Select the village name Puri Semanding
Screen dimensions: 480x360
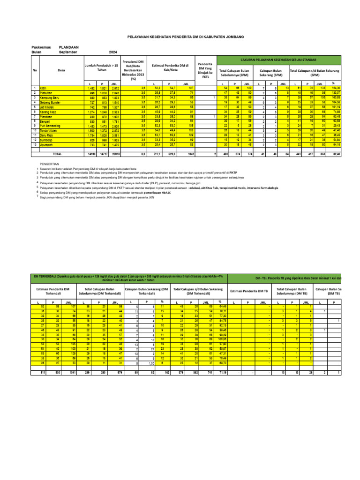coord(50,126)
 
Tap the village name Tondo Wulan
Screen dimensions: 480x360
coord(48,131)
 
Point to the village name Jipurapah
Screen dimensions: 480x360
coord(46,145)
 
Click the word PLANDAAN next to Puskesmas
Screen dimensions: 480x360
coord(68,47)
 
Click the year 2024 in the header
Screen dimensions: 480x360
coord(113,52)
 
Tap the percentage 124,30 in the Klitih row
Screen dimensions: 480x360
coord(335,88)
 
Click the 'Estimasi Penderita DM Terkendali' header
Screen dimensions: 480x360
coord(53,292)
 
